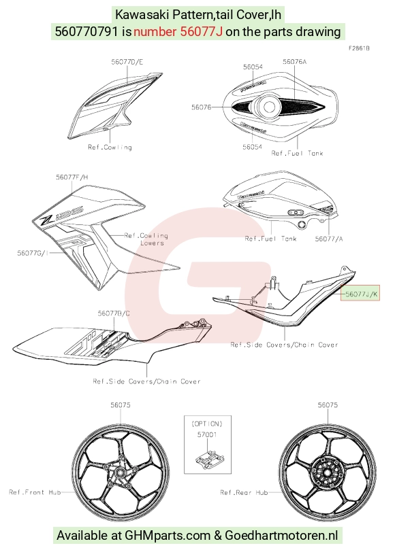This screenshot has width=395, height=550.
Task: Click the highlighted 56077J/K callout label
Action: [361, 294]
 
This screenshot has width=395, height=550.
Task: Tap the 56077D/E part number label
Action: [127, 62]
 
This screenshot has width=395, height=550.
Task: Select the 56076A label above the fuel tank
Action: [294, 62]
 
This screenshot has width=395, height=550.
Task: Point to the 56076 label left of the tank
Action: [202, 107]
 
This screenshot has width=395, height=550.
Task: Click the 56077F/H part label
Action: [72, 177]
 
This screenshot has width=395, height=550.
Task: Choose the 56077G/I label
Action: [33, 252]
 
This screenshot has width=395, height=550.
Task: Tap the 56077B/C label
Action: [114, 313]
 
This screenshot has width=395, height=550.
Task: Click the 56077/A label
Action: [329, 239]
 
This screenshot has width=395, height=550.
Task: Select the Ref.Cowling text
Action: [110, 148]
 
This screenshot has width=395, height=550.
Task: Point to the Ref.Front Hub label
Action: [35, 492]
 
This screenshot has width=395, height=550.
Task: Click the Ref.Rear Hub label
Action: [244, 492]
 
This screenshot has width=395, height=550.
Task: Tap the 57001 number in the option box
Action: [207, 434]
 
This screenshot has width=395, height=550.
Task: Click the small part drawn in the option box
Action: [210, 460]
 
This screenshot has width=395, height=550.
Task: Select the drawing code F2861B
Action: [359, 48]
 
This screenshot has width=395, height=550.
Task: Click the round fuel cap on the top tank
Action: [268, 106]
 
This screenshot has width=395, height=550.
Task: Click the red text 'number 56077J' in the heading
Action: [178, 32]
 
